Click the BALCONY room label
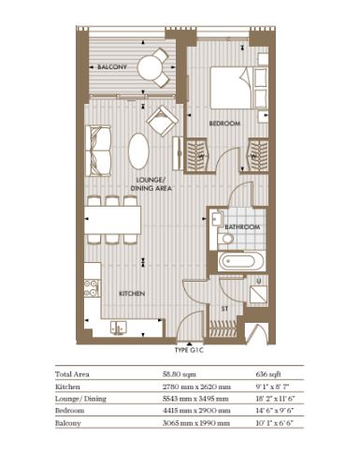click(x=112, y=66)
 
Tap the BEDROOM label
click(x=224, y=124)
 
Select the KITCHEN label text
click(x=132, y=294)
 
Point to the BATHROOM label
click(x=242, y=226)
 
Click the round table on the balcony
click(x=151, y=66)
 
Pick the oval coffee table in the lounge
click(x=138, y=152)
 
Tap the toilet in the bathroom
click(x=225, y=239)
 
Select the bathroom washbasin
click(x=217, y=218)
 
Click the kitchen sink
click(x=119, y=327)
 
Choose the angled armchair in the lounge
click(x=163, y=121)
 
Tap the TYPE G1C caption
click(x=189, y=350)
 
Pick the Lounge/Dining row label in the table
click(x=80, y=399)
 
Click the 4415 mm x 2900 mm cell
click(x=196, y=411)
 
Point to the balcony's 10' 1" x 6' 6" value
click(x=275, y=423)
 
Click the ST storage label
click(x=224, y=309)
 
